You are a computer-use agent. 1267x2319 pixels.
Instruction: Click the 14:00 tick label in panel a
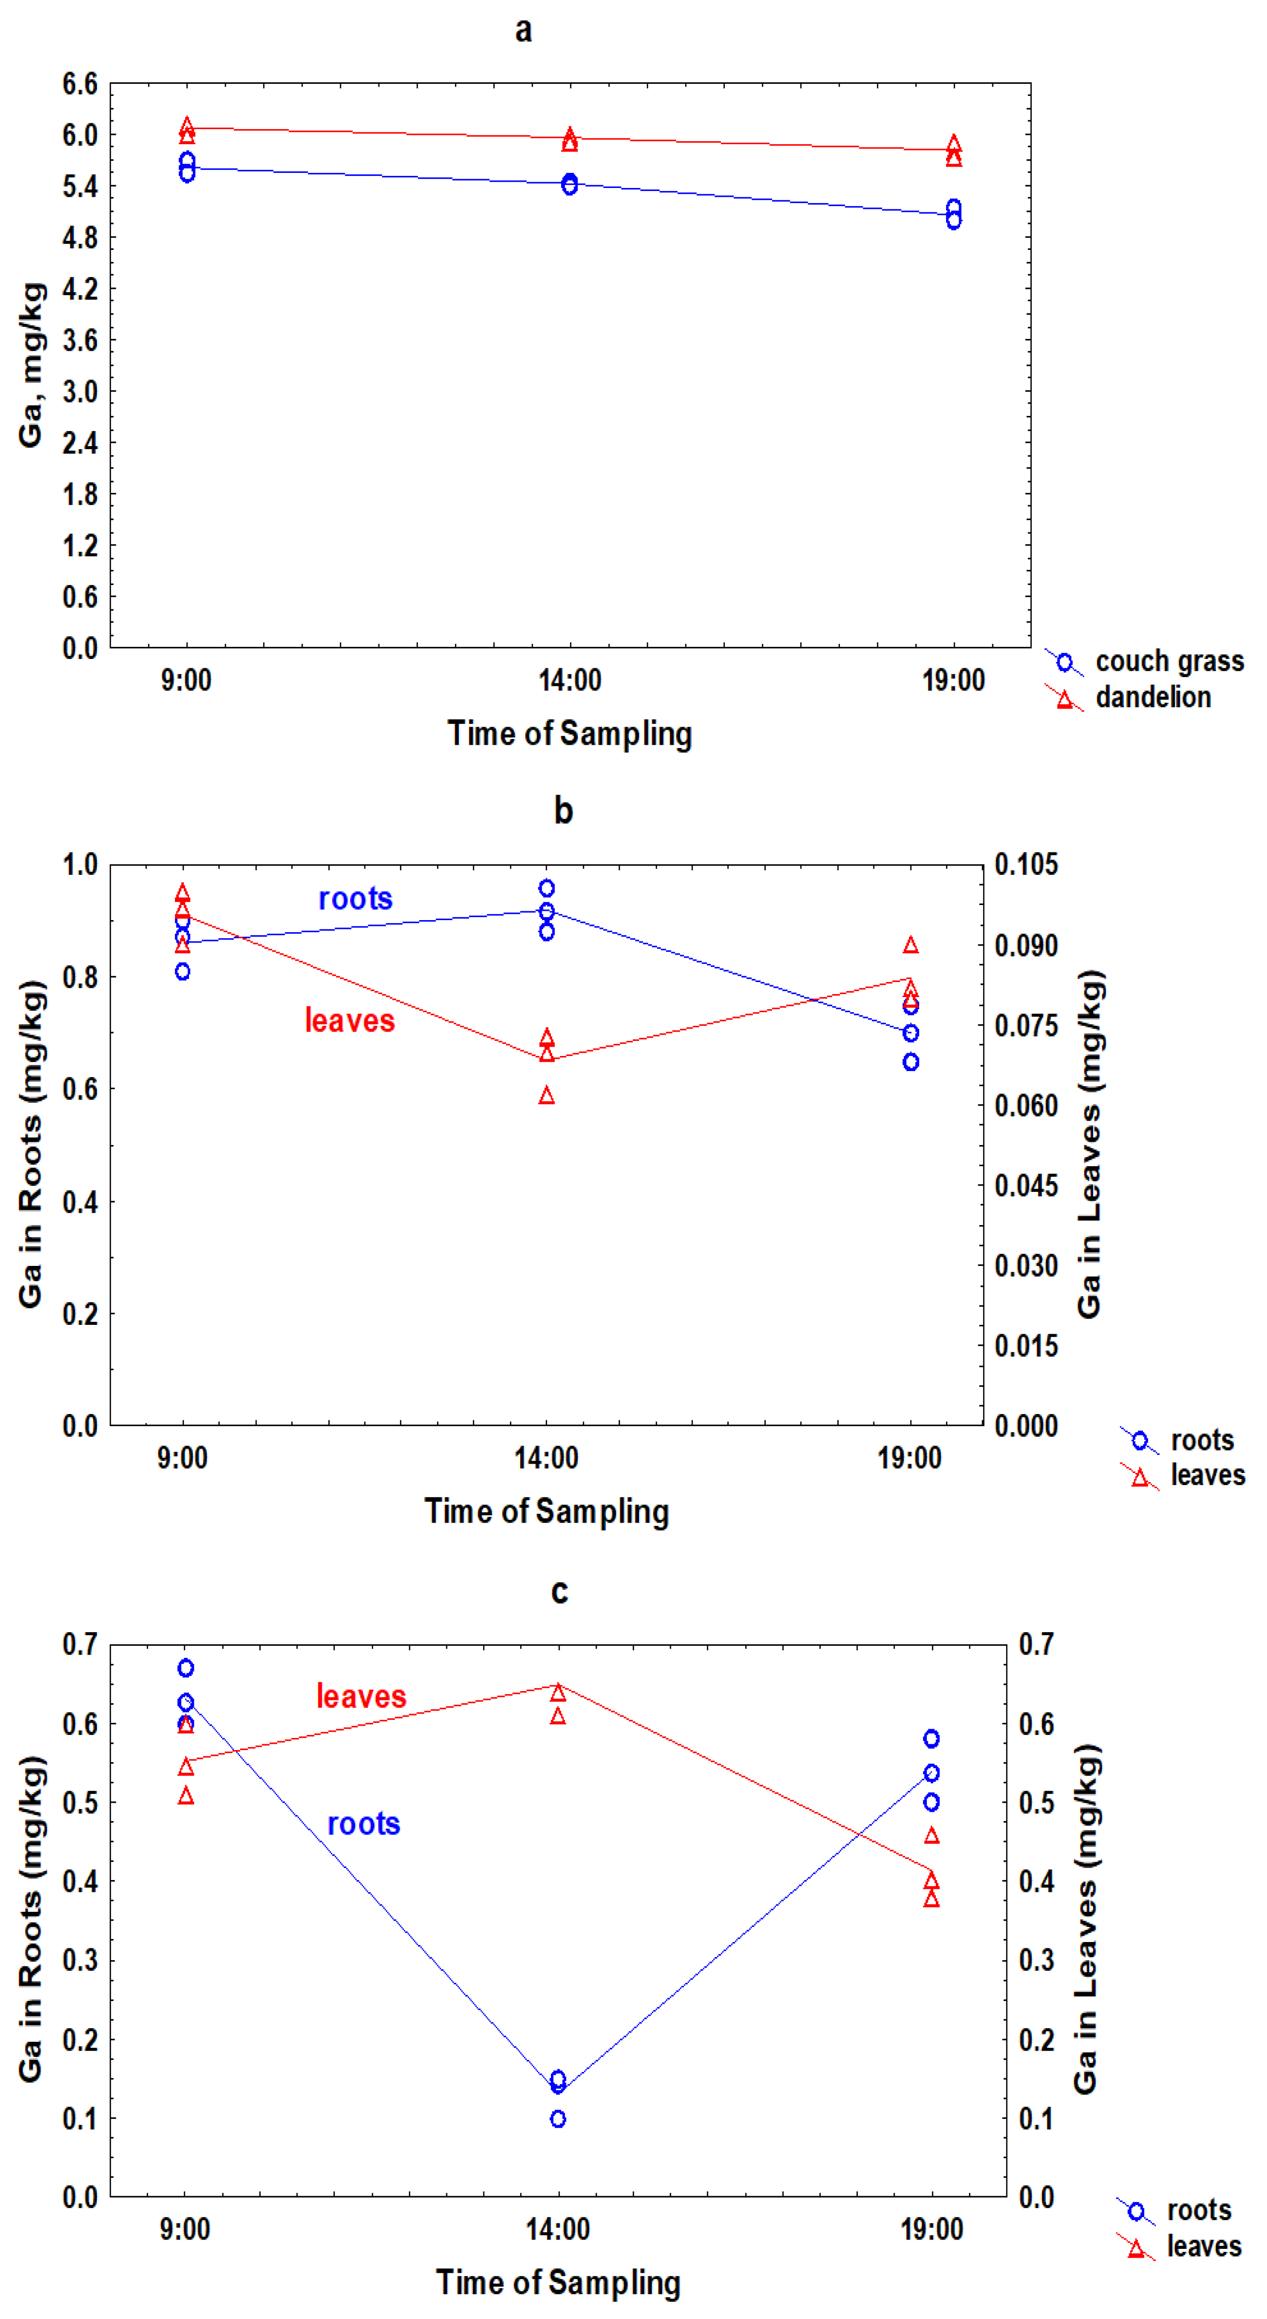coord(570,680)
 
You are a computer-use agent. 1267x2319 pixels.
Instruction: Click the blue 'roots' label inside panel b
coord(356,899)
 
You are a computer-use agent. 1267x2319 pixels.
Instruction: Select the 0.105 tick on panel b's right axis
coord(1026,865)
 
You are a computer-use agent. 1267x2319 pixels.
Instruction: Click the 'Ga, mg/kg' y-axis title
coord(32,365)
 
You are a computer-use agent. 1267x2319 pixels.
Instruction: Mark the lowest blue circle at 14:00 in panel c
coord(558,2119)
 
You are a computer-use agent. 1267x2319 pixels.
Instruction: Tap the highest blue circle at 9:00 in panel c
coord(186,1668)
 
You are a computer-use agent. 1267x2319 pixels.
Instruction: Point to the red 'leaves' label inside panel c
coord(361,1697)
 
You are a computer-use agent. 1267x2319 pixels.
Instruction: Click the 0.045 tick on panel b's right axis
coord(1026,1186)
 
